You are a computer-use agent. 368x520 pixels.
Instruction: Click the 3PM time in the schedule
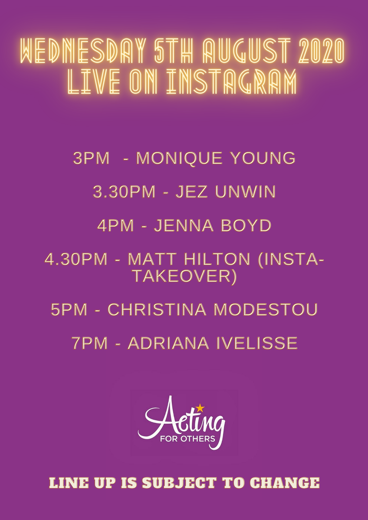coord(92,159)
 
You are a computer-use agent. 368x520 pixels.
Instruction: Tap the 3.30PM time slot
coord(124,192)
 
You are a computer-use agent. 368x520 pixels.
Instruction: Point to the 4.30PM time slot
coord(76,260)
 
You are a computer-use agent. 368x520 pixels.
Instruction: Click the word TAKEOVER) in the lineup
coord(184,276)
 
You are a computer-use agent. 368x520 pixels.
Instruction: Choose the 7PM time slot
coord(89,344)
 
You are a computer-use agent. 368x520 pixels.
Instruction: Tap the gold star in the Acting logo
coord(200,407)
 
